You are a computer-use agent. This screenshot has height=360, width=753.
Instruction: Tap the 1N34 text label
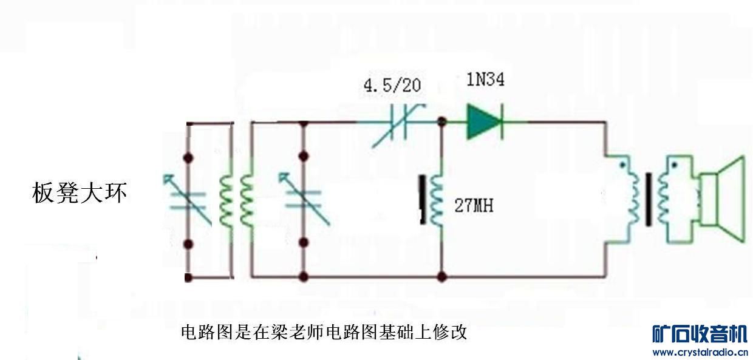click(485, 80)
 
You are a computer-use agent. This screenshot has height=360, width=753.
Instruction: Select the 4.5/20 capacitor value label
click(392, 84)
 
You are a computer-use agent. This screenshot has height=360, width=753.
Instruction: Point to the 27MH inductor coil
click(435, 200)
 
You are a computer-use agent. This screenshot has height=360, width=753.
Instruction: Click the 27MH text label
click(474, 206)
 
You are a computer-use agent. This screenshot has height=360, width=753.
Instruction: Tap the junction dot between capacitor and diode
click(442, 123)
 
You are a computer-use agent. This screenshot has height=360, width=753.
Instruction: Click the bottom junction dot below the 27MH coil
click(442, 277)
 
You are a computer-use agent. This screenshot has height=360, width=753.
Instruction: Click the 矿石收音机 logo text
click(700, 335)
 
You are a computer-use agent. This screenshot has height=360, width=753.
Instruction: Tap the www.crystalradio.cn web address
click(700, 353)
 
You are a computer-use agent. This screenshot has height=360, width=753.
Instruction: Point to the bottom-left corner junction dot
click(188, 278)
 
